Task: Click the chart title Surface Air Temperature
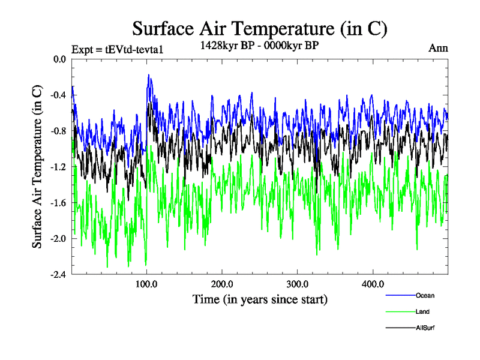coord(260,29)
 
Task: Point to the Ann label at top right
coord(438,48)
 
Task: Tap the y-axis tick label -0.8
coord(58,131)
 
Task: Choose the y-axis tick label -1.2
coord(58,167)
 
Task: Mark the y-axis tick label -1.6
coord(58,203)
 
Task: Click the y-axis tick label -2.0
coord(58,239)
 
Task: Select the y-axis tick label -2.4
coord(58,275)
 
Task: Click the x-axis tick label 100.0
coord(147,284)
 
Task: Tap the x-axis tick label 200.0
coord(222,284)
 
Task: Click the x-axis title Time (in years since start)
coord(260,299)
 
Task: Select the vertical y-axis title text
coord(37,167)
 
